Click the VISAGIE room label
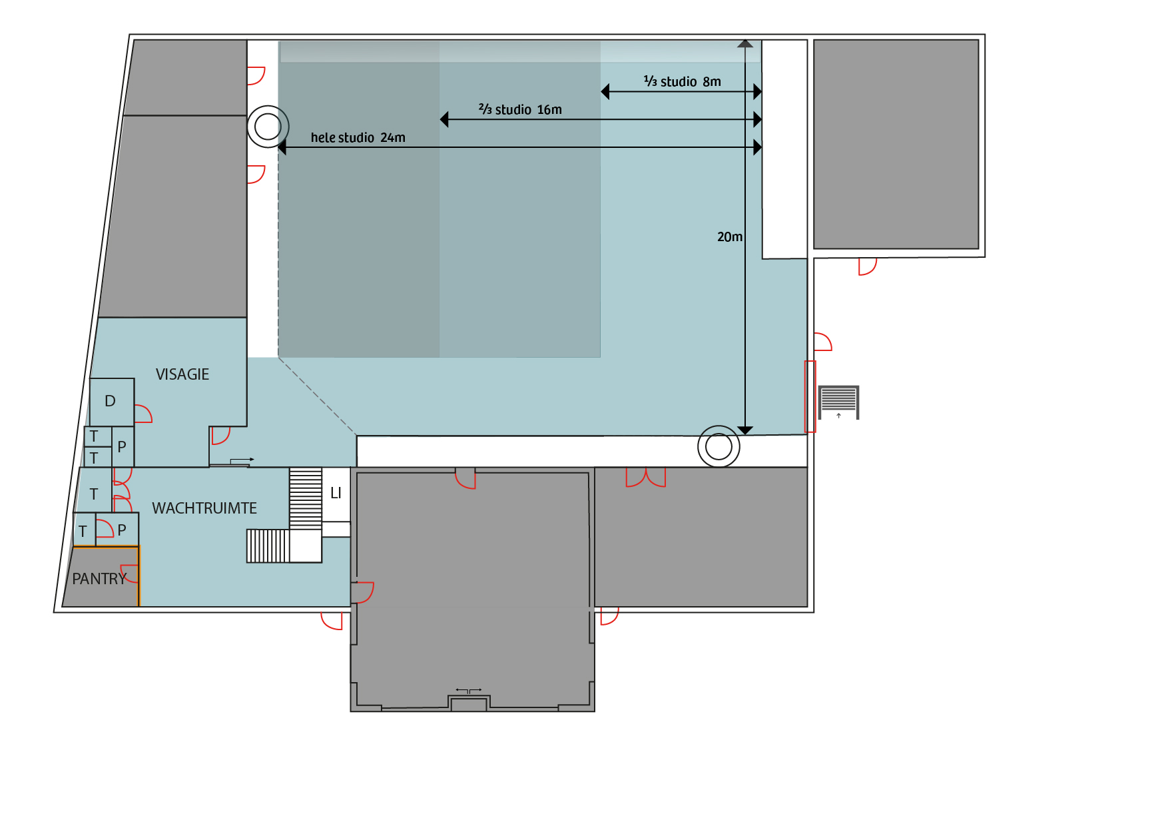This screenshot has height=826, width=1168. click(182, 374)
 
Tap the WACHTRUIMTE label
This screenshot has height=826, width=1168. click(204, 508)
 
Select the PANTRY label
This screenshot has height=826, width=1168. click(99, 579)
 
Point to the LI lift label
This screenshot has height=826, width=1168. click(336, 493)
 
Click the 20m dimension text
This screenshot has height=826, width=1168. click(730, 236)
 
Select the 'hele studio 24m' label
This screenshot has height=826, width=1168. click(358, 138)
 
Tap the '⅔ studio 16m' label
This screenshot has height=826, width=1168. click(520, 109)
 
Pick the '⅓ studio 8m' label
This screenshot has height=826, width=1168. click(683, 81)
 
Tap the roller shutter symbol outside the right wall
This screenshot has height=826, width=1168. click(838, 402)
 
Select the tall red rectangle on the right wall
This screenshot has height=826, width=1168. click(806, 396)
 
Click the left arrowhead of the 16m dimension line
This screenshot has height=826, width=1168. click(444, 119)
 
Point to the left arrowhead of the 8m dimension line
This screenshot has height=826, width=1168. click(605, 91)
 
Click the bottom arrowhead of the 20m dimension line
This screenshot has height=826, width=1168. click(745, 430)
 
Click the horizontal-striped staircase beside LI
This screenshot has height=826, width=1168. click(306, 498)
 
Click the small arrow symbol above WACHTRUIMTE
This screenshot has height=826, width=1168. click(242, 460)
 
